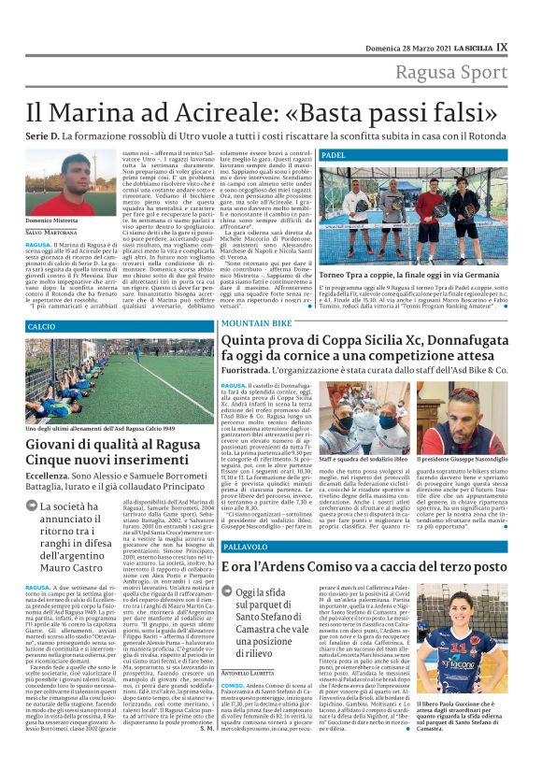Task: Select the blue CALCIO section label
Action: pos(42,326)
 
